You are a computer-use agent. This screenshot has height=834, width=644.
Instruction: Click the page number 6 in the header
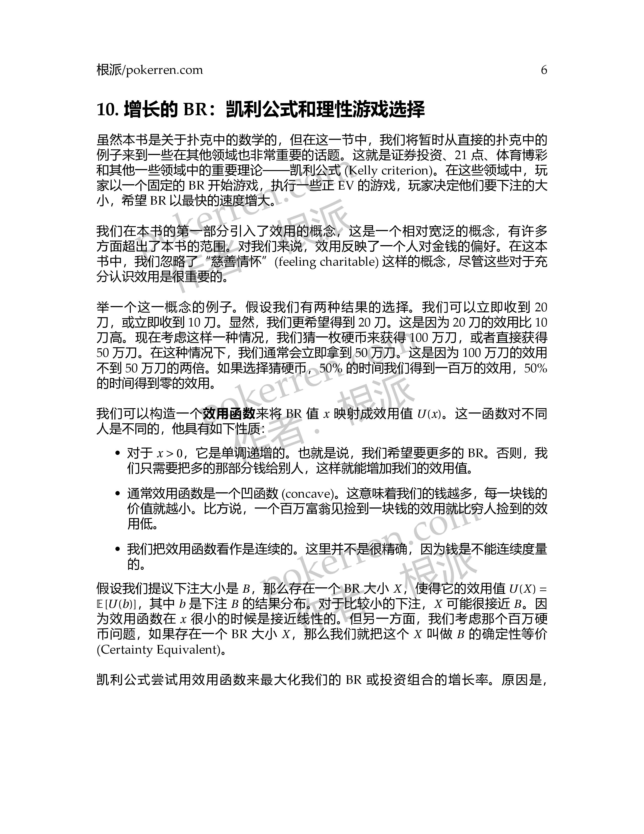click(544, 70)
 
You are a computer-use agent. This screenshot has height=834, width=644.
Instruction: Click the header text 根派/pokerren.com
click(150, 70)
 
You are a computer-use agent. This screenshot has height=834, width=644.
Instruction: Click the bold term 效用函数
click(229, 413)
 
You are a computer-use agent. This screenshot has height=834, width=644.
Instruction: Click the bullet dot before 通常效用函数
click(118, 494)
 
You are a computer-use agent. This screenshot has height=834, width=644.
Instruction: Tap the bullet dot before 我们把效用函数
click(118, 549)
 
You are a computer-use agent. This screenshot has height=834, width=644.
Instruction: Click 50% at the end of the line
click(536, 368)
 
